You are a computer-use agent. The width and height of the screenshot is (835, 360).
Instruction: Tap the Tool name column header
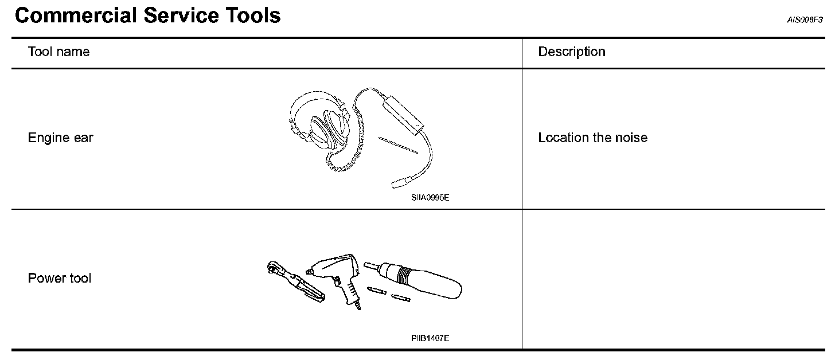pyautogui.click(x=58, y=52)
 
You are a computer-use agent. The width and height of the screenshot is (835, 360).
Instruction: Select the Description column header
pyautogui.click(x=571, y=52)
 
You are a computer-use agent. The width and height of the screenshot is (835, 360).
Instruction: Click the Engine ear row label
pyautogui.click(x=60, y=138)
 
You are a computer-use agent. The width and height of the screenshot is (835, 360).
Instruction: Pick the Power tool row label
pyautogui.click(x=60, y=279)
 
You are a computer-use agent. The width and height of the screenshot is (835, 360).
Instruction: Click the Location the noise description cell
pyautogui.click(x=592, y=138)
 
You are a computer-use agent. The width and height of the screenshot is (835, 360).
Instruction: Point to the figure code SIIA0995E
pyautogui.click(x=430, y=198)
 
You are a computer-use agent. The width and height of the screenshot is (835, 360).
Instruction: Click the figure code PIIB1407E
pyautogui.click(x=430, y=338)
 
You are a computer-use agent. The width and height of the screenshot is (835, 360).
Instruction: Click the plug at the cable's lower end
pyautogui.click(x=399, y=183)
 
